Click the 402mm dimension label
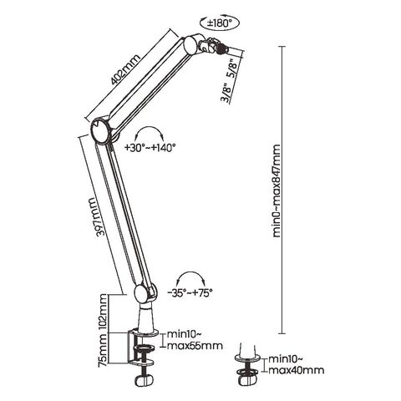(x=125, y=69)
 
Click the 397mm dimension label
(x=97, y=217)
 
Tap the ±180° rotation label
(x=220, y=23)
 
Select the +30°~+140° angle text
(x=150, y=147)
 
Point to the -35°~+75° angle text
(x=190, y=292)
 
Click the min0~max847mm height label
(x=277, y=190)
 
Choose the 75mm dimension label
(x=104, y=349)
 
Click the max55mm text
(x=195, y=346)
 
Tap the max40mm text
(x=296, y=370)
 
